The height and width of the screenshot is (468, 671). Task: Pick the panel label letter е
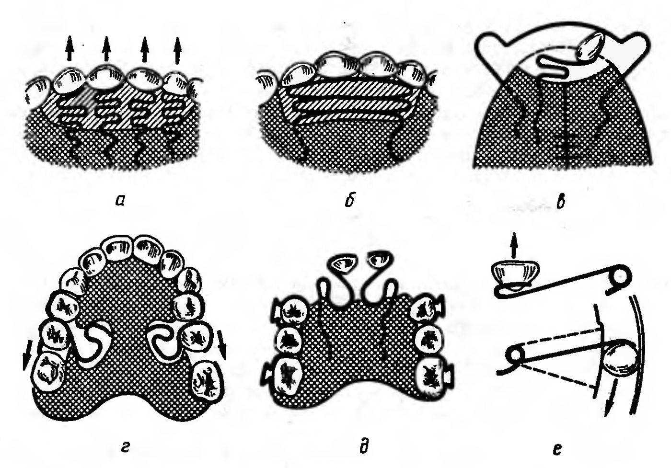point(557,449)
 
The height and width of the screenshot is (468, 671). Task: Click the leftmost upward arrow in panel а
point(69,48)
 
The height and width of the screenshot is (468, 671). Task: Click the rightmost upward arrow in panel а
point(178,50)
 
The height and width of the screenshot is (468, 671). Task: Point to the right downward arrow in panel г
point(223,344)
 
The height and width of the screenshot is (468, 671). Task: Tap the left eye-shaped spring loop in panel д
point(342,264)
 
